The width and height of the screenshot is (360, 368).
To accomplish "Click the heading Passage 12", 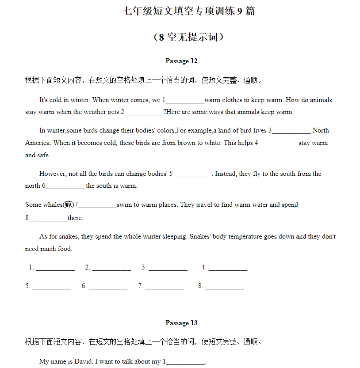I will pos(181,61).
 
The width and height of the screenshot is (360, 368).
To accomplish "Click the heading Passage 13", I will pos(181,323).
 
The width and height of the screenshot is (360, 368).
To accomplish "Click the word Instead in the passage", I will pos(226,174).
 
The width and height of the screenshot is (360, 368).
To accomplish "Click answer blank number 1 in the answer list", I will pos(55,268).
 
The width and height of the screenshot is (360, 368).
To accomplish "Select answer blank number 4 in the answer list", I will pos(228,268).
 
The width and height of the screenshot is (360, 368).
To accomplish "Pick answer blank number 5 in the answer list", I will pos(52,286).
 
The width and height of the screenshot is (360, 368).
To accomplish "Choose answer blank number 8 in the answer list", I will pos(224,286).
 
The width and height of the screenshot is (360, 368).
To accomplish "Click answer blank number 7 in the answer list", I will pos(165,286).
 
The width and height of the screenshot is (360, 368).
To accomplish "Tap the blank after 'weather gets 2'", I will pos(144,112).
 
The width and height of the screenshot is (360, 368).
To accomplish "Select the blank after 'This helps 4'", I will pos(277,143).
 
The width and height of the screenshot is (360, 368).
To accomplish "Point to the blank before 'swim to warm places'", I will pos(97,205).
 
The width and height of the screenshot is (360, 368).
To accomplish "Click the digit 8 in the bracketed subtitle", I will pos(161,37).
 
